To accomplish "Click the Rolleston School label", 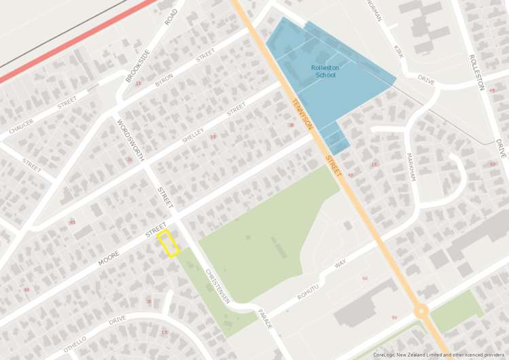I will click(x=325, y=71).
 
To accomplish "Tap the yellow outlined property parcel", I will click(x=169, y=244).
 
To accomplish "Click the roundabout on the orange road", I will click(x=421, y=312).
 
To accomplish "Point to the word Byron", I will click(x=164, y=79).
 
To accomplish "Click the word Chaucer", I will click(x=21, y=126).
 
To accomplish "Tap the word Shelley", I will click(x=193, y=135).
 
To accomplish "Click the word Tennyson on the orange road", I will click(x=302, y=115).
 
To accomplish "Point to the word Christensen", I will click(x=218, y=286).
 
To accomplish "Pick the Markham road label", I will click(x=410, y=165).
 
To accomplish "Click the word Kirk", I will click(x=399, y=51).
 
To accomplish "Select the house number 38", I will click(x=292, y=125).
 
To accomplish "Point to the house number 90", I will click(x=394, y=317).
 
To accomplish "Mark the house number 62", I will click(x=365, y=278).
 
